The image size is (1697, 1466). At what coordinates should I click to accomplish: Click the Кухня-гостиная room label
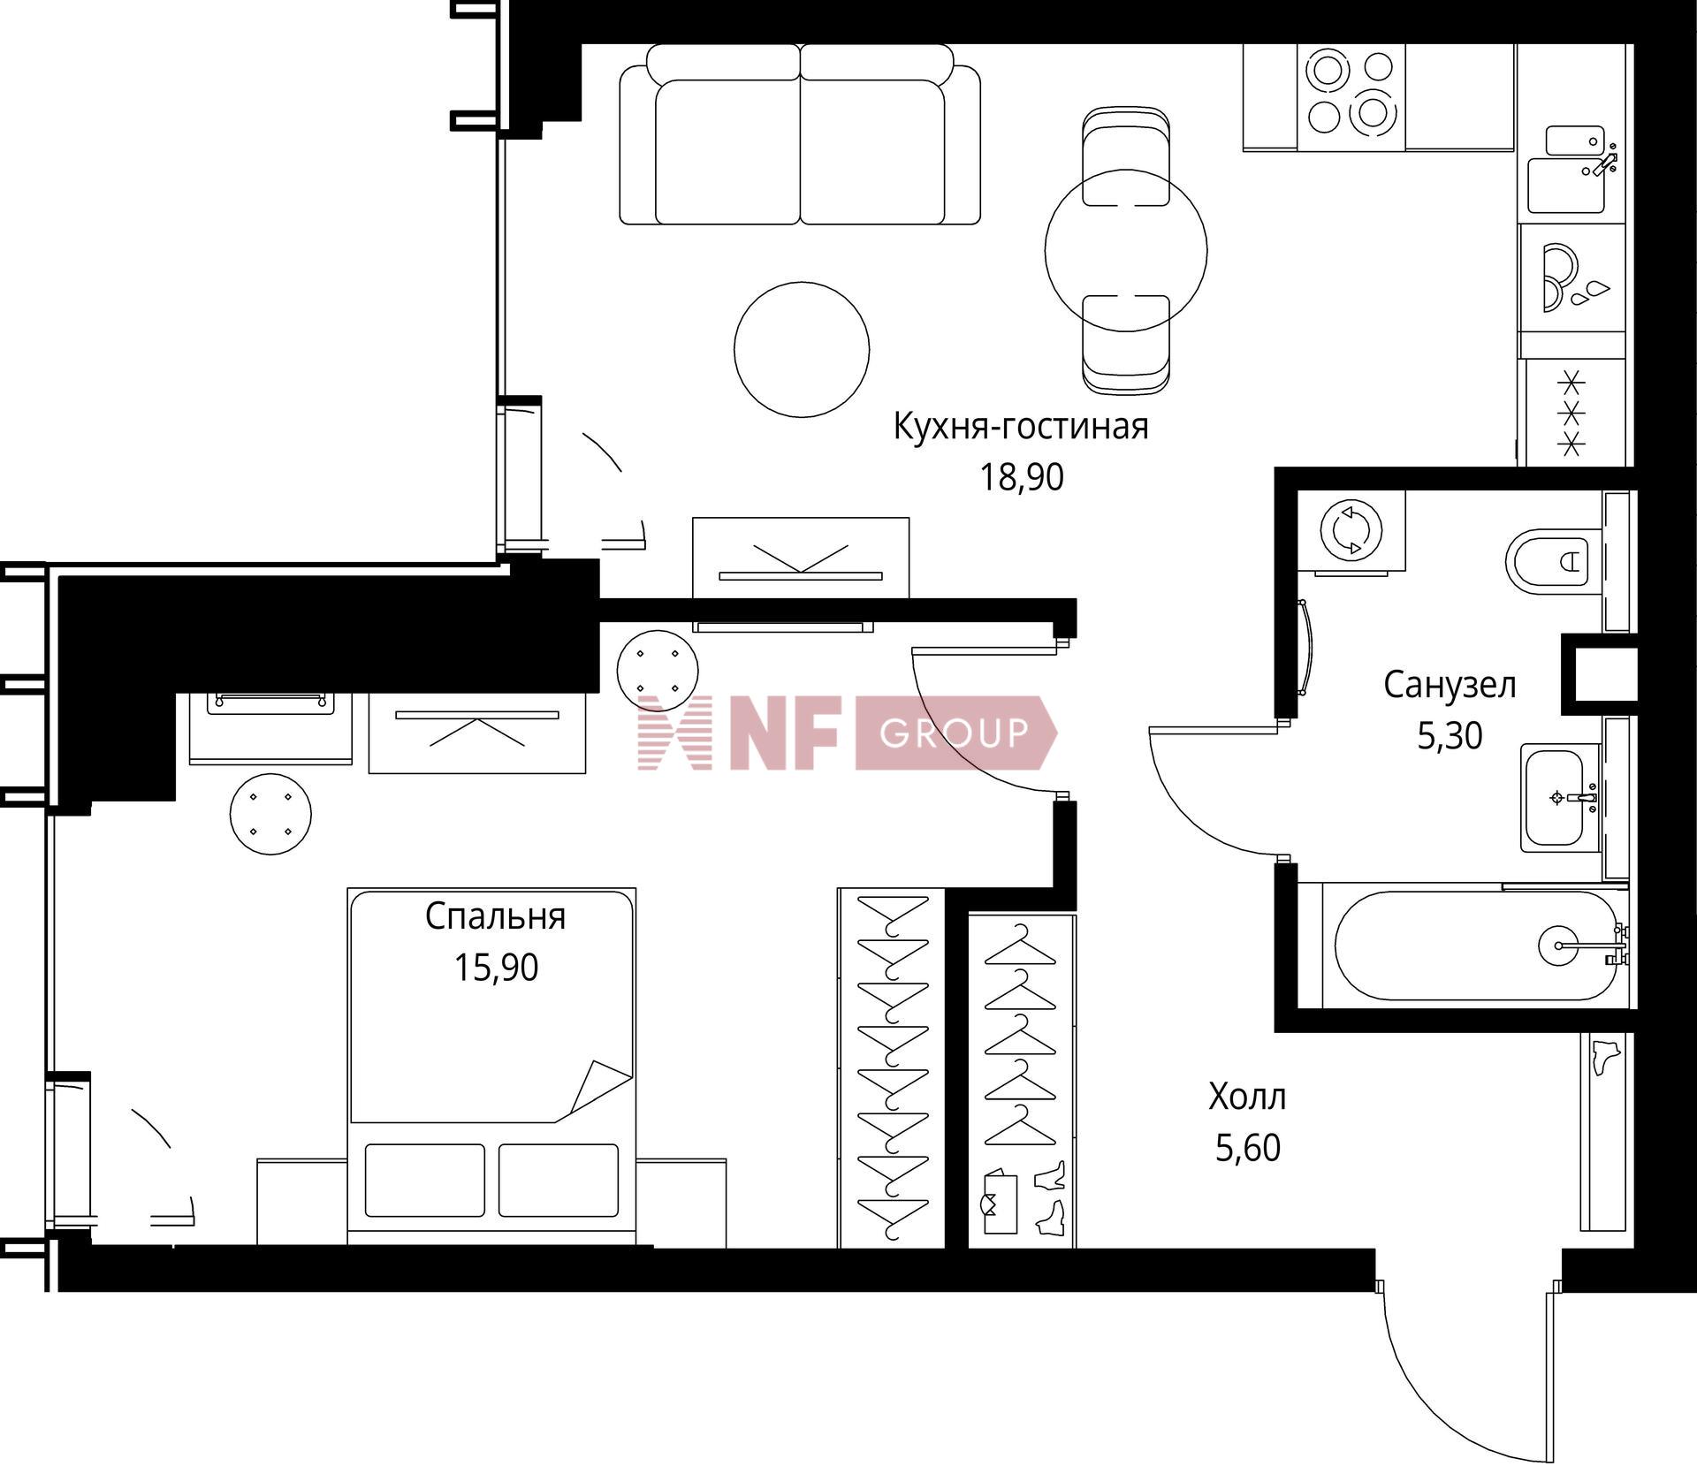[x=1021, y=427]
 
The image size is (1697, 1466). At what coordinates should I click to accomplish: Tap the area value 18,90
[x=1021, y=477]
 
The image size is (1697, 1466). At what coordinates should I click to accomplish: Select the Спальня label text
[x=495, y=917]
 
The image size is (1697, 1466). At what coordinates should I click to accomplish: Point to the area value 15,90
[x=496, y=968]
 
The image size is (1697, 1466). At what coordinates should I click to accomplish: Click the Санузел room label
[x=1450, y=685]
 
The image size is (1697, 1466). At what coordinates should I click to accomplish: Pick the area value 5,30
[x=1450, y=735]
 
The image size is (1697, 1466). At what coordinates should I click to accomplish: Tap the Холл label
[x=1247, y=1098]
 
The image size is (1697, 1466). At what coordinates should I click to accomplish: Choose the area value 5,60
[x=1247, y=1148]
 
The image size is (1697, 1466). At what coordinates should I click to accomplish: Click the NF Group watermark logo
[x=847, y=733]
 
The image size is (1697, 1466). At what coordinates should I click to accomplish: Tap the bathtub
[x=1475, y=945]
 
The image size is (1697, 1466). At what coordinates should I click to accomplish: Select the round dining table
[x=1125, y=250]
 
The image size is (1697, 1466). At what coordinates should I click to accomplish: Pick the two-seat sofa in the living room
[x=800, y=134]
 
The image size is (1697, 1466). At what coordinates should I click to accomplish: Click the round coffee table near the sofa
[x=802, y=348]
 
